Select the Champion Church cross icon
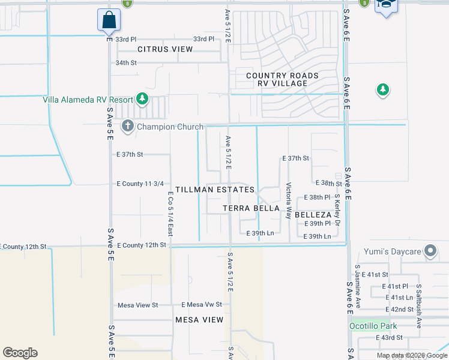(x=127, y=126)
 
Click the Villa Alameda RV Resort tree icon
(x=142, y=98)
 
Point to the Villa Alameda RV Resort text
(x=88, y=100)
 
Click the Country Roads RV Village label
(x=282, y=79)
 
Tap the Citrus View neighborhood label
(x=165, y=49)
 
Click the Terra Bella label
(x=251, y=208)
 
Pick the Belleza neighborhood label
(x=313, y=214)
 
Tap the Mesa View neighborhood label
(x=199, y=320)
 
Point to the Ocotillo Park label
(x=373, y=326)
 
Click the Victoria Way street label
(x=289, y=200)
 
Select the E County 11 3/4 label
(x=140, y=184)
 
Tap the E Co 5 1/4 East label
(x=170, y=214)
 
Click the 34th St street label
(x=127, y=62)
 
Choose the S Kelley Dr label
(x=337, y=209)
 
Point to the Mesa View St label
(x=137, y=305)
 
